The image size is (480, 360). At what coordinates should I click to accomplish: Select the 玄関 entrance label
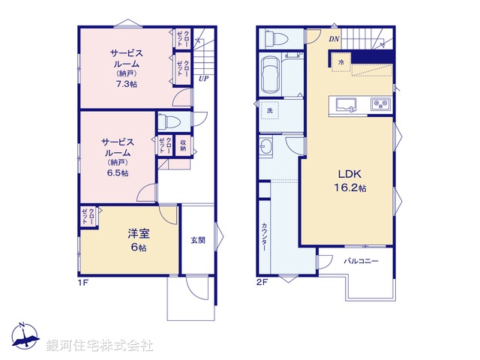coord(197,240)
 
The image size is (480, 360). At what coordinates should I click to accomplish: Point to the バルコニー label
coord(361,262)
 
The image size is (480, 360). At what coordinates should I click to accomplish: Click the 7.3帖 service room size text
coord(125,85)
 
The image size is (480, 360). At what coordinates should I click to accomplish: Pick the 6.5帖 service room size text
coord(116,172)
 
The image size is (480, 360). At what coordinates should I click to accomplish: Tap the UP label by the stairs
coord(203,77)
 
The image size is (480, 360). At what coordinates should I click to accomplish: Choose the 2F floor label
coord(262,283)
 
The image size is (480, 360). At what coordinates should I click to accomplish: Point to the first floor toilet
coord(169,121)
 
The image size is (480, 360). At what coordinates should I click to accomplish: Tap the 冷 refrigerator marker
coord(341,62)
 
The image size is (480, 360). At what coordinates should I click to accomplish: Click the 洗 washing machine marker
coord(269,112)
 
